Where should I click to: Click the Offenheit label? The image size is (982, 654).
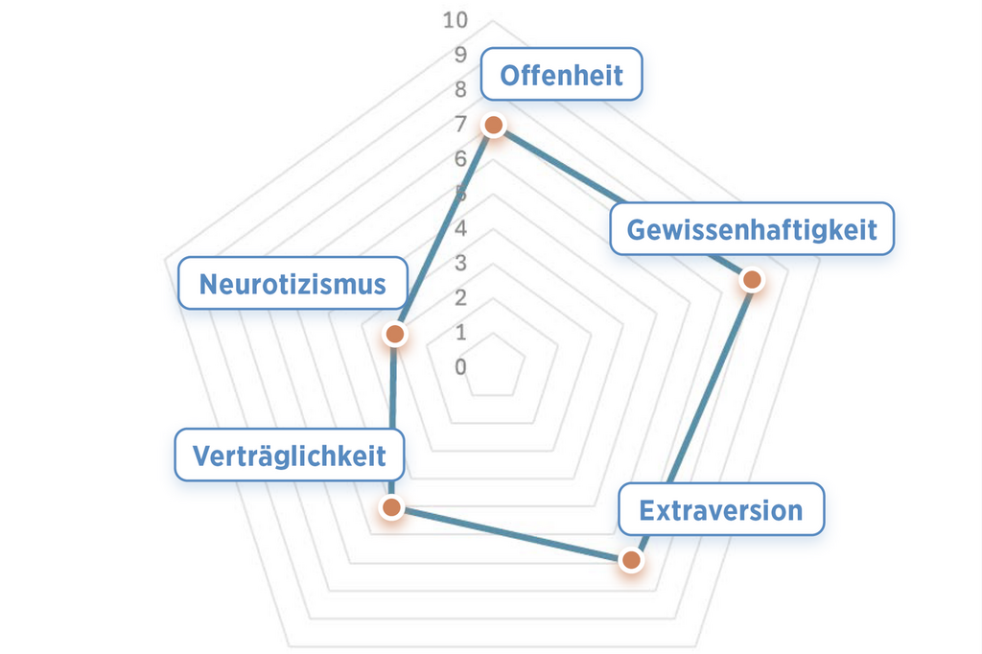(x=561, y=75)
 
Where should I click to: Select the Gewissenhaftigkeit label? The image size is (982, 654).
(x=751, y=229)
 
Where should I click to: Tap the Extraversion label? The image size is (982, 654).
(x=720, y=509)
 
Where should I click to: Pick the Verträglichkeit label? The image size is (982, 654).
(x=289, y=455)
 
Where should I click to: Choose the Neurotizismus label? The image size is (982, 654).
(x=292, y=284)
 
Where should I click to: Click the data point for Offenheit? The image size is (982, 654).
(x=493, y=126)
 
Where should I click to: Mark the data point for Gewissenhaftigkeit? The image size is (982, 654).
(x=752, y=280)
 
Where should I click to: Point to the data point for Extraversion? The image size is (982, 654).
(x=630, y=560)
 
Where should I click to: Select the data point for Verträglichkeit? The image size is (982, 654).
(x=390, y=507)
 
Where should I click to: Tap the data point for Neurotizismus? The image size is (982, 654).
(x=394, y=334)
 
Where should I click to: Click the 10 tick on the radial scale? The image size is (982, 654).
(x=456, y=20)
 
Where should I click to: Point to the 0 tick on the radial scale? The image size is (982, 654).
(x=461, y=367)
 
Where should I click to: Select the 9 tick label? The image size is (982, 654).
(x=461, y=55)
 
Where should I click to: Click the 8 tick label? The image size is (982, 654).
(x=461, y=89)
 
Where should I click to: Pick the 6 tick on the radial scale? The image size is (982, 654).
(x=461, y=158)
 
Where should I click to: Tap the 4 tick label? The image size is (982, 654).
(x=461, y=228)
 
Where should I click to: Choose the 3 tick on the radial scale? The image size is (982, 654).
(x=461, y=263)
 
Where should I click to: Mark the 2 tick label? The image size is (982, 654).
(x=461, y=297)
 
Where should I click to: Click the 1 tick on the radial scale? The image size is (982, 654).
(x=461, y=333)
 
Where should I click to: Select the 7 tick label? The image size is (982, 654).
(x=461, y=124)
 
